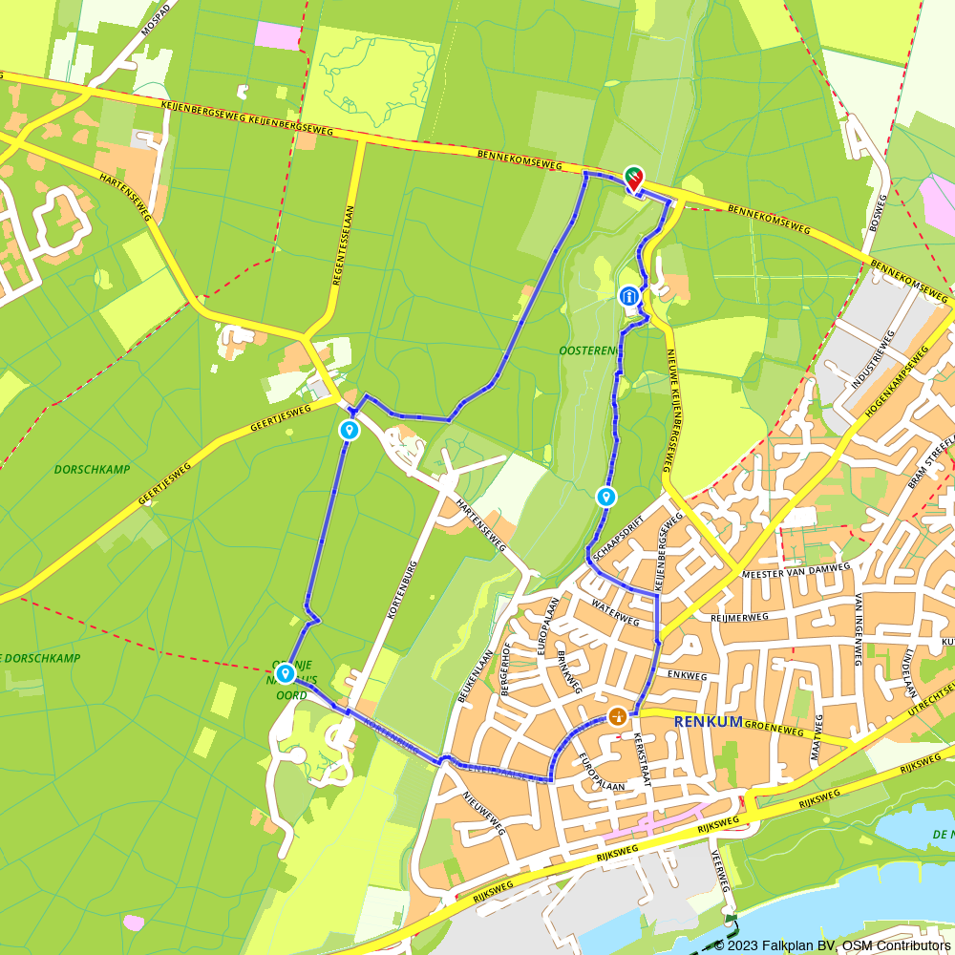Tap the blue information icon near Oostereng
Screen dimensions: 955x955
tap(629, 297)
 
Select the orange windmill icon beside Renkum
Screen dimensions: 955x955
tap(618, 716)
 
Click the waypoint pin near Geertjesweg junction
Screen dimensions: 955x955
tap(350, 431)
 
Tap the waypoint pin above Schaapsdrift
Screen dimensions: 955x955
tap(605, 497)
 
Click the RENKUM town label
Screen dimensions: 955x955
tap(708, 721)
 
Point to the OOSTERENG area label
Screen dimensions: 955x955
tap(588, 350)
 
